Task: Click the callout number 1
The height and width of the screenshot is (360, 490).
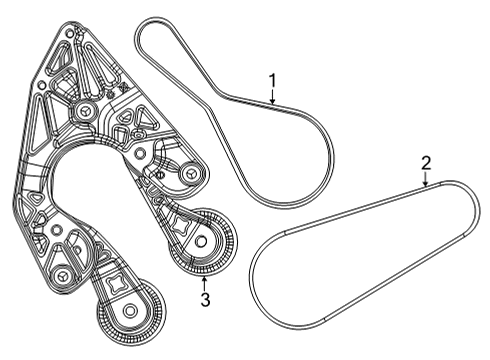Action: (x=271, y=80)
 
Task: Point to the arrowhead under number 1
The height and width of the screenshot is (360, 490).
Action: (x=271, y=102)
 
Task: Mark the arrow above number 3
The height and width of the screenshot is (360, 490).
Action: (x=205, y=280)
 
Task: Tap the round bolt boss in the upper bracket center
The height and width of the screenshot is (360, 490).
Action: (x=86, y=111)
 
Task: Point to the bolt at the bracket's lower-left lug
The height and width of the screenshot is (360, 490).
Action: (x=62, y=274)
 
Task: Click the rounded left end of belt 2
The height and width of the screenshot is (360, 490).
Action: (x=257, y=270)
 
